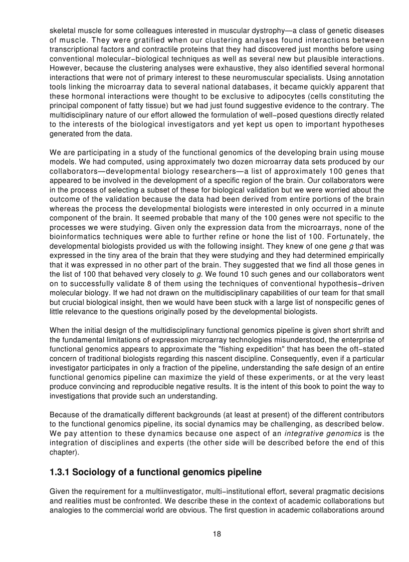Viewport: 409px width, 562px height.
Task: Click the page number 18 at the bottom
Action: tap(217, 533)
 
